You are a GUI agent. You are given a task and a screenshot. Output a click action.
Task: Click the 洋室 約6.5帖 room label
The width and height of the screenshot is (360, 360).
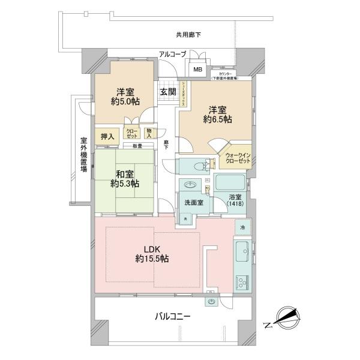pos(217,114)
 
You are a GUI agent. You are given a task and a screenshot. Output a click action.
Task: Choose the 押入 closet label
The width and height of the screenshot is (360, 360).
pos(106,136)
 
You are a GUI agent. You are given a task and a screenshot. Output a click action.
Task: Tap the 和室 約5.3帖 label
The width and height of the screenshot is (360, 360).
pos(124,179)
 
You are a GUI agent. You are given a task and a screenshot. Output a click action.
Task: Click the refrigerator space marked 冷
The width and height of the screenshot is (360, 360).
pos(243,228)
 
